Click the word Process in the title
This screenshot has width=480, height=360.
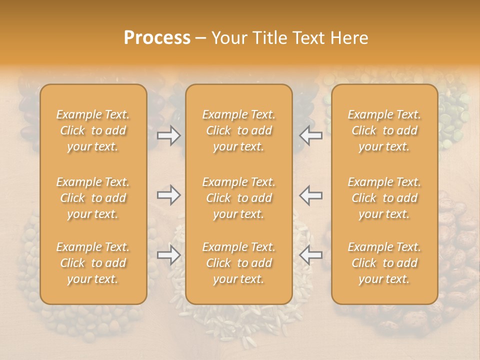(157, 38)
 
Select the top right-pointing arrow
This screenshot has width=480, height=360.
(168, 135)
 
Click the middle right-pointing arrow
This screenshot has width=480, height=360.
(168, 195)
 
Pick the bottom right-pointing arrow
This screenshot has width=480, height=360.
(168, 255)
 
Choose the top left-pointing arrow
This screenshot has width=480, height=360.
(311, 135)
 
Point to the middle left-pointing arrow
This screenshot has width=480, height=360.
(311, 195)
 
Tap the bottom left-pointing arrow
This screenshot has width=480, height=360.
(311, 255)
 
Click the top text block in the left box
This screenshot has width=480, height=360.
(93, 130)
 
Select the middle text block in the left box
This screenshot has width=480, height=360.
(93, 198)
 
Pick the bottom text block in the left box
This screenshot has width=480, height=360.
(93, 263)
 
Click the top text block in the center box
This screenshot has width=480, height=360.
(239, 130)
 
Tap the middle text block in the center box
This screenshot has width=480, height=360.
(239, 198)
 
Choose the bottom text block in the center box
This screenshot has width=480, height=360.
(239, 263)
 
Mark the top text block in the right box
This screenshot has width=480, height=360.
(384, 130)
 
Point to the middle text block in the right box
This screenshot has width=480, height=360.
(384, 198)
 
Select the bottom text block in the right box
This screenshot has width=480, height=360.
(384, 263)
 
